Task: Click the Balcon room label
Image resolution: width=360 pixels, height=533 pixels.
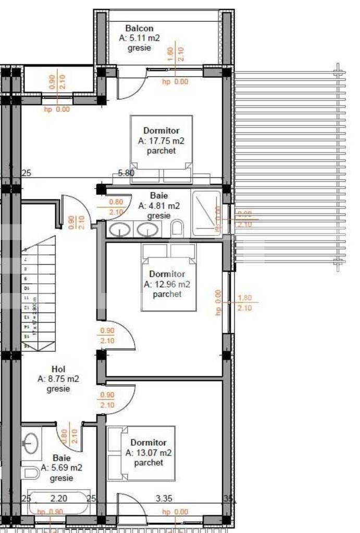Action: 139,29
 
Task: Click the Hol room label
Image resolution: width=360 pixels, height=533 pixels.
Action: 58,369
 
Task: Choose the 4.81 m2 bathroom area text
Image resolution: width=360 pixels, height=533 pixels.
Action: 159,206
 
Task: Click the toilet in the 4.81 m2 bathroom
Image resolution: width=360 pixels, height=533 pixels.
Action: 177,228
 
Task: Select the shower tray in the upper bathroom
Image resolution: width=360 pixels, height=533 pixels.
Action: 207,213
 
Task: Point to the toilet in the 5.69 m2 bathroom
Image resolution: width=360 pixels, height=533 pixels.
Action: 31,472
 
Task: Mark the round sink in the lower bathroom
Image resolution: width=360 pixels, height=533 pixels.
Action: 32,443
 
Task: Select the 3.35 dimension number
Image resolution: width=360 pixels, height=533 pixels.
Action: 164,499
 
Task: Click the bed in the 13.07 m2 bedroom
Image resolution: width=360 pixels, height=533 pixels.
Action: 141,453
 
